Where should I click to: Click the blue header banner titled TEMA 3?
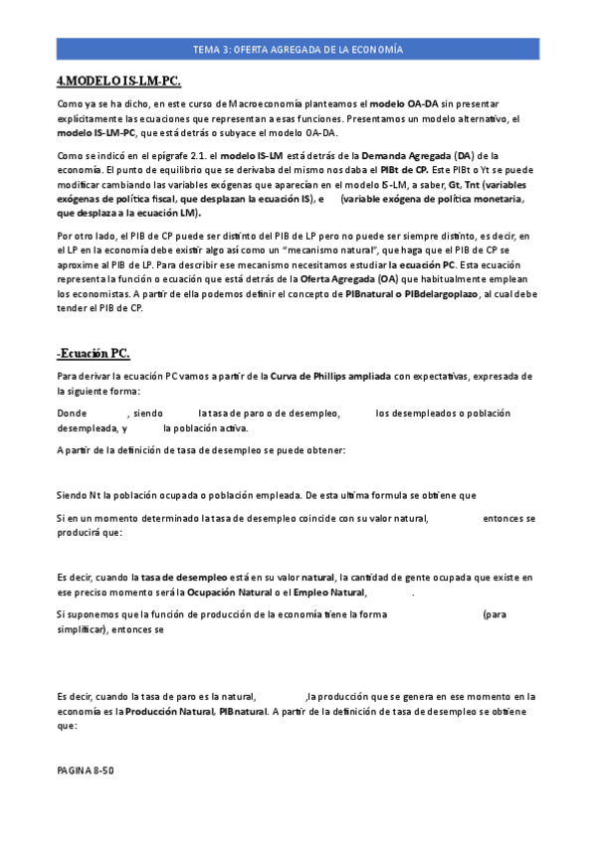[x=298, y=50]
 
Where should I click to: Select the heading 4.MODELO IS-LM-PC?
[x=119, y=81]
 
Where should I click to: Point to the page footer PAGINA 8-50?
[x=85, y=770]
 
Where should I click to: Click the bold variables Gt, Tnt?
[x=467, y=185]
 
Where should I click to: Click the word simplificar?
[x=81, y=629]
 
